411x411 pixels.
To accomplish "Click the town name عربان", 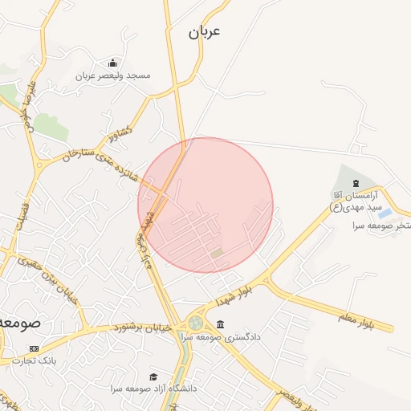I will click(x=204, y=32).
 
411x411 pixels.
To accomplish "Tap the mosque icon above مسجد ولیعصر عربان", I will click(x=112, y=63).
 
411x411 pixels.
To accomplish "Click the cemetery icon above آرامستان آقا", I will click(x=356, y=185).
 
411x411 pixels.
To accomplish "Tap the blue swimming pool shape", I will click(x=385, y=214).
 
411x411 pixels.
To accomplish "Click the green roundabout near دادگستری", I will click(x=195, y=323).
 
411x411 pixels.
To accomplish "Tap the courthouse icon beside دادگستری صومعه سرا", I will click(x=221, y=324).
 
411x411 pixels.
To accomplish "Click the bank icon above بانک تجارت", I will click(x=34, y=348).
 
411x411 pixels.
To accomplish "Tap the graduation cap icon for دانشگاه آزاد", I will click(x=153, y=376).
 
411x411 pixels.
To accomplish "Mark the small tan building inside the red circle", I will click(x=218, y=253).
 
